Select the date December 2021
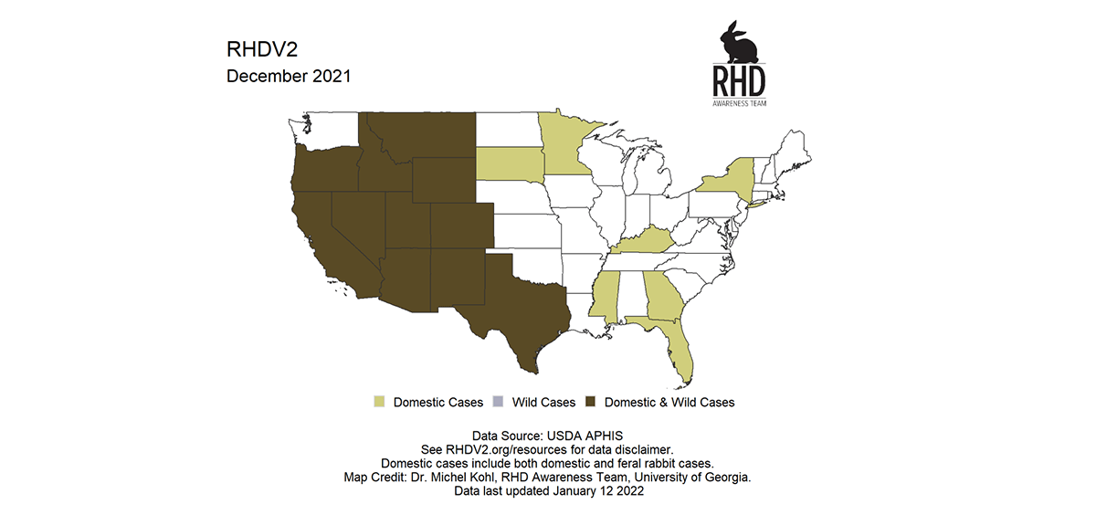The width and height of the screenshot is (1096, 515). (288, 77)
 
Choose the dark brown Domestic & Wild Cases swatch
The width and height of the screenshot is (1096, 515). (591, 402)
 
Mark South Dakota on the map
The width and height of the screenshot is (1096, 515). (508, 163)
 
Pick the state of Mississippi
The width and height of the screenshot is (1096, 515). (608, 297)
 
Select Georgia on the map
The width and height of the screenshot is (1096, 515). (662, 297)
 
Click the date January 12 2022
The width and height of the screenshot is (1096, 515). (593, 490)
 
